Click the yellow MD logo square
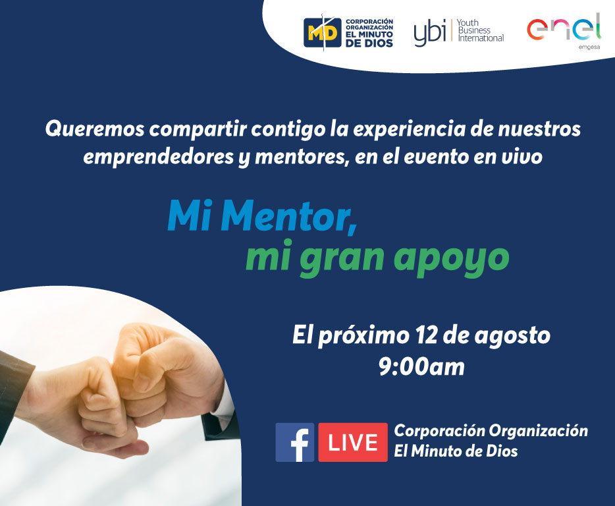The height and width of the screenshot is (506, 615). pos(322,32)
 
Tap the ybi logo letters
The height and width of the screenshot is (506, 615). pos(430,32)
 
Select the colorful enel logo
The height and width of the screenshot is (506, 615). pos(564,29)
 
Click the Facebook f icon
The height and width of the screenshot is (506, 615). pos(294,442)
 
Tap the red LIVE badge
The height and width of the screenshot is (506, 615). pos(352,442)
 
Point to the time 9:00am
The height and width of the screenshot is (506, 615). pos(421,366)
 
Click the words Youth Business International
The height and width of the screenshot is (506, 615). pos(480,30)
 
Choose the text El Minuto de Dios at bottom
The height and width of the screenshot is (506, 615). pos(455,451)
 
